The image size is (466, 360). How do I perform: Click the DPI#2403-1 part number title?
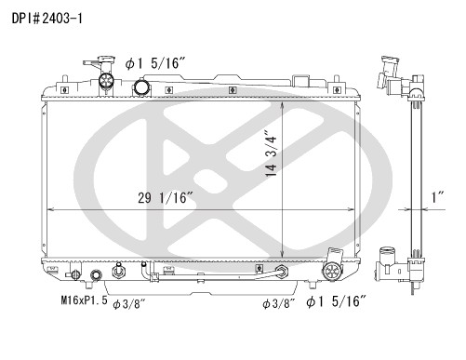coord(47,19)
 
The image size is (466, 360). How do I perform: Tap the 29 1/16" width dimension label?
coord(166,198)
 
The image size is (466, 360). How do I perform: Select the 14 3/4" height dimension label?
coord(271,156)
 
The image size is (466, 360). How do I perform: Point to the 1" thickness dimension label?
coord(438,197)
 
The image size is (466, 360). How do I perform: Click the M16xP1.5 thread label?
coord(84,300)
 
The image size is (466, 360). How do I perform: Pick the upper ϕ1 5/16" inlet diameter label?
coord(155,63)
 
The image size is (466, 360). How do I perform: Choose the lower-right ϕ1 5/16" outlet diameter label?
coord(337,301)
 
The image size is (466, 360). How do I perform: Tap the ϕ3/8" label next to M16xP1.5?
coord(129,304)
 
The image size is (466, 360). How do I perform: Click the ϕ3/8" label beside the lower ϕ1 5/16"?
coord(278,304)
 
